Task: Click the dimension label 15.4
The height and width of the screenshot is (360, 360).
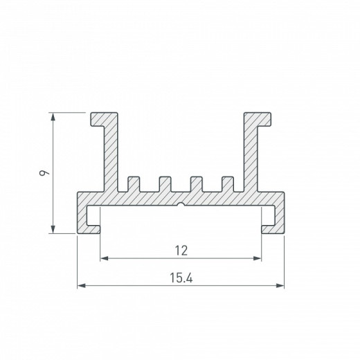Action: click(x=181, y=278)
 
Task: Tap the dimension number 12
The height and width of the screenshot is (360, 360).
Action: click(x=181, y=251)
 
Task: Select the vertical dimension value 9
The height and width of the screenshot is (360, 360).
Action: click(x=44, y=173)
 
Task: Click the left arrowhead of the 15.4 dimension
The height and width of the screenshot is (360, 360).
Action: click(x=81, y=286)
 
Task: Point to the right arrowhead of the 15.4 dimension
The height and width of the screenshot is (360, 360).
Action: click(x=280, y=286)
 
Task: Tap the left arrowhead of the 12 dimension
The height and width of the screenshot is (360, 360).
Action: click(x=105, y=258)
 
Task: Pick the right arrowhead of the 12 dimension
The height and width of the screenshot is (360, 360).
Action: click(x=257, y=258)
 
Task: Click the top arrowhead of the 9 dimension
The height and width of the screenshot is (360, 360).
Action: click(x=53, y=117)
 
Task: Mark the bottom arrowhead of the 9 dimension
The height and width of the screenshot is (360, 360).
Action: click(x=53, y=229)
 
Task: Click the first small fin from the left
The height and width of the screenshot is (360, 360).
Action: click(x=134, y=184)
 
